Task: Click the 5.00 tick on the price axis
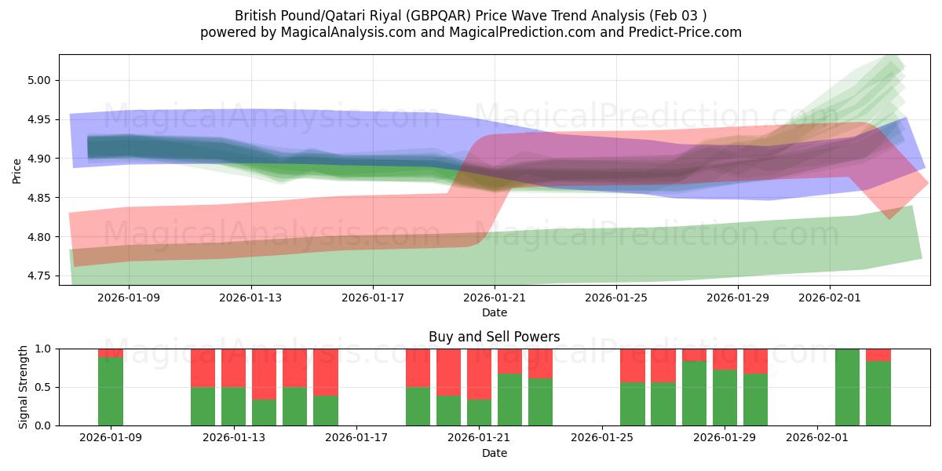(x=39, y=80)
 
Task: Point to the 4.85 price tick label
(x=39, y=198)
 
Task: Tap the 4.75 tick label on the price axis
(x=39, y=276)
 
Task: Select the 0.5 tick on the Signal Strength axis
(x=43, y=387)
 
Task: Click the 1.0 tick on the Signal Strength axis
(x=43, y=349)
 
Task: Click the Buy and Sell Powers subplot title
(x=494, y=337)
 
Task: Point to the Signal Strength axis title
(x=24, y=387)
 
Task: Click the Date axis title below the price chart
(x=494, y=312)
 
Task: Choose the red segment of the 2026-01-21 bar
(x=479, y=374)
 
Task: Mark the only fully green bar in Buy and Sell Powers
(x=848, y=387)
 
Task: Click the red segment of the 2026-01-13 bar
(x=233, y=367)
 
